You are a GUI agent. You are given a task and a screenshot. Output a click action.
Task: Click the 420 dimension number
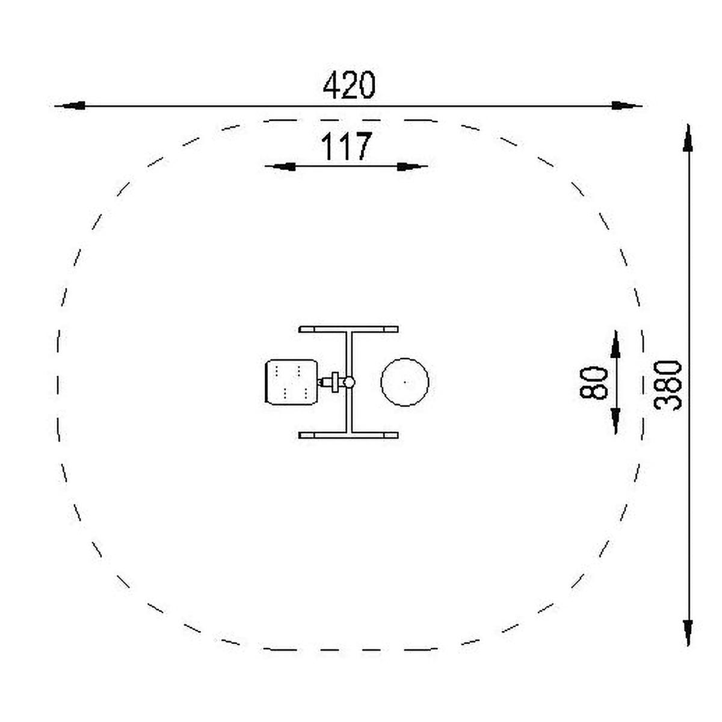click(348, 85)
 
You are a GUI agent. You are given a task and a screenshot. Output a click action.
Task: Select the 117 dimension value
click(347, 146)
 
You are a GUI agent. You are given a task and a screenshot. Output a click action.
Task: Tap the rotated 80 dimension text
click(593, 382)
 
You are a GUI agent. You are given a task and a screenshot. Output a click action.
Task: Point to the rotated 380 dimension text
click(668, 385)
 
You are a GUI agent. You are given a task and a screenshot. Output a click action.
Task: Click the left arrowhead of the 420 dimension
click(72, 105)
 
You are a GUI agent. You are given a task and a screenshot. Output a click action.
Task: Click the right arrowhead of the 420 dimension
click(624, 106)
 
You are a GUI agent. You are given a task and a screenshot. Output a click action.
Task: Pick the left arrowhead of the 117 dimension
click(283, 166)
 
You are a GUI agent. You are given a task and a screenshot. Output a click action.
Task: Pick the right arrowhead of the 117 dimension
click(410, 166)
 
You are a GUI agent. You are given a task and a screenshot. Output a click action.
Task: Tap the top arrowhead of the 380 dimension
click(688, 138)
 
